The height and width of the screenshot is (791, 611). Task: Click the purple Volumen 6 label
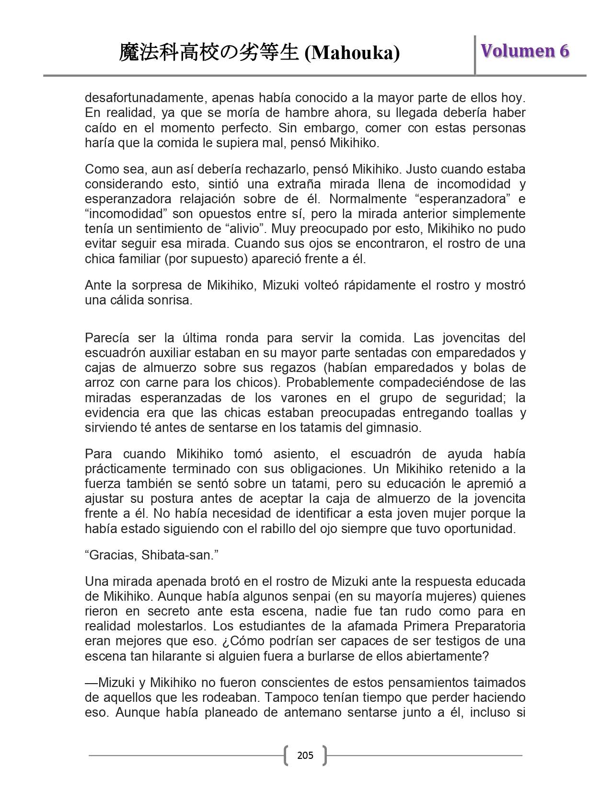525,51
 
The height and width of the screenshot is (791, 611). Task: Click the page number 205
305,756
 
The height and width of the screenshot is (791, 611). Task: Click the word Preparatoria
490,626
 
